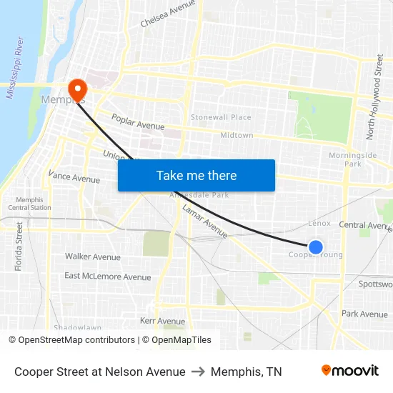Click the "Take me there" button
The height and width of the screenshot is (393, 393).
(x=196, y=175)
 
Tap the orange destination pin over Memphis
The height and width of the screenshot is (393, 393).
(x=77, y=89)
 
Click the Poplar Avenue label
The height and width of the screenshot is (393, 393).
(x=138, y=120)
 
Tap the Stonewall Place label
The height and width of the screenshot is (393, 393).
(x=221, y=117)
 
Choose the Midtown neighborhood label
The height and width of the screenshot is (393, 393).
(x=237, y=135)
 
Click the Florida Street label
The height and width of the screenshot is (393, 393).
(x=19, y=245)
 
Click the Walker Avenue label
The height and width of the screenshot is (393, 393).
(x=93, y=257)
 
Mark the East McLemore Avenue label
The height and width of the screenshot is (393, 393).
(x=108, y=277)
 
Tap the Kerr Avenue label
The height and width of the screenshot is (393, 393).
(x=162, y=321)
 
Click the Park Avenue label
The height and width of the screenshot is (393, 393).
(x=364, y=314)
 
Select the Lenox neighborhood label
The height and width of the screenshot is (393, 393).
(x=319, y=224)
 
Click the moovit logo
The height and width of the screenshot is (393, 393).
(x=349, y=371)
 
